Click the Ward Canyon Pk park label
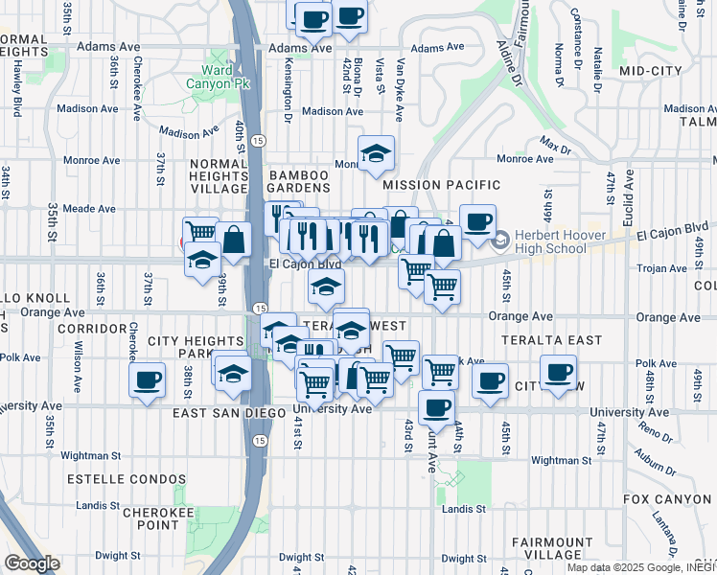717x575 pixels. pos(219,77)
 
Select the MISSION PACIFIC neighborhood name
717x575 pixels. pos(441,184)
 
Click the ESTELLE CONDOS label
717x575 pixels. pos(126,478)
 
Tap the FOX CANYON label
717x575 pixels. pos(668,499)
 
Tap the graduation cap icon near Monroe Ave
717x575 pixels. pos(377,151)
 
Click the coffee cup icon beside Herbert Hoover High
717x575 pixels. pos(476,221)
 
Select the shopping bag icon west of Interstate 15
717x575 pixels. pos(233,240)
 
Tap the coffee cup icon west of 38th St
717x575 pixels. pos(147,379)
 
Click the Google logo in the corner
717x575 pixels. pos(32,563)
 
